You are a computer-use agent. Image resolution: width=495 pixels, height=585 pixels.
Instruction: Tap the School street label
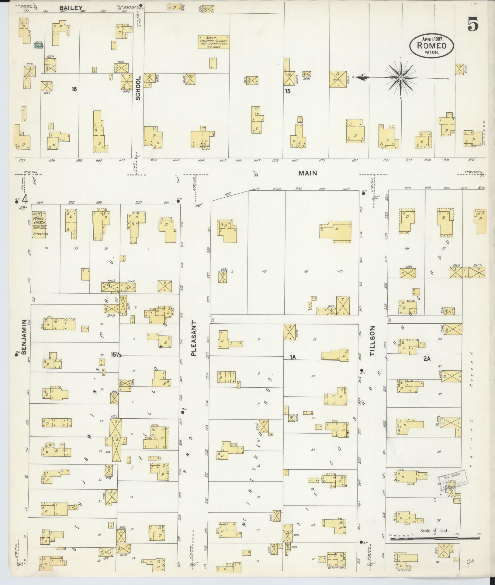tap(138, 88)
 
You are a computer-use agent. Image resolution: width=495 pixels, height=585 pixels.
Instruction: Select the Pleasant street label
tap(193, 338)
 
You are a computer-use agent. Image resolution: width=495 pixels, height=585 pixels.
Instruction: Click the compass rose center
tap(401, 78)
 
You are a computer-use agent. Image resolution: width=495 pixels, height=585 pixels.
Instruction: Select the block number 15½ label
tap(116, 354)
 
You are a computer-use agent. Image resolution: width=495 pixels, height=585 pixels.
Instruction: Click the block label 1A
tap(292, 358)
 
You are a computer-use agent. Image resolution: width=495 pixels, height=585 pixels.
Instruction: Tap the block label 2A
tap(427, 359)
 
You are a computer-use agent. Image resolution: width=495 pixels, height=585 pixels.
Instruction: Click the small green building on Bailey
tap(38, 46)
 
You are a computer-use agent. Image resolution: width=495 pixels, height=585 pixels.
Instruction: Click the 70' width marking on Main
tap(256, 175)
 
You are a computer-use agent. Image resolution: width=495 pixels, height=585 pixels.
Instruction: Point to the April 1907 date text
tap(432, 39)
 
